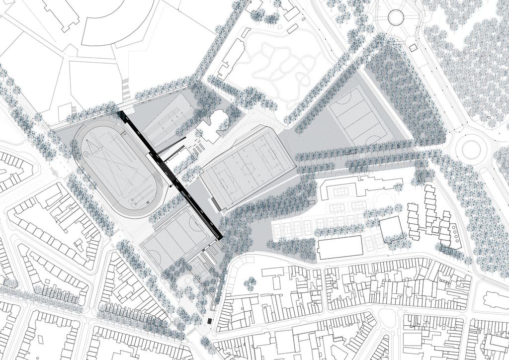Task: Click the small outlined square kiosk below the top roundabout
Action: pyautogui.click(x=413, y=48)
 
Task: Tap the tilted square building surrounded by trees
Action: pyautogui.click(x=391, y=229)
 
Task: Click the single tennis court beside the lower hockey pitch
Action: pyautogui.click(x=201, y=268)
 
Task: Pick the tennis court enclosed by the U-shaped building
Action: pyautogui.click(x=340, y=191)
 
